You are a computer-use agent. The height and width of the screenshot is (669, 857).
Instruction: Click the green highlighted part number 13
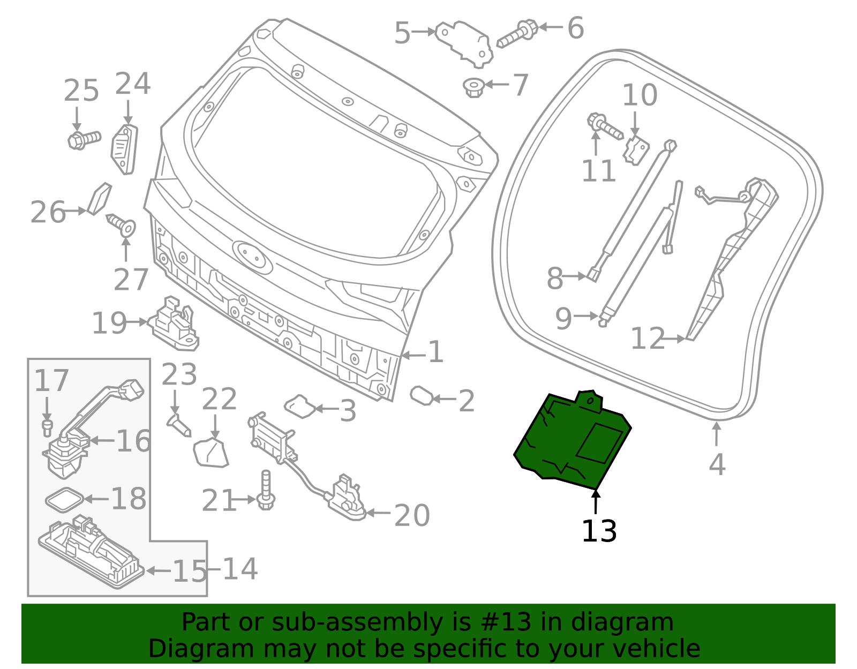click(x=572, y=441)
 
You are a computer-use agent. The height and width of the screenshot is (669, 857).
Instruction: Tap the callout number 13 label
click(x=599, y=531)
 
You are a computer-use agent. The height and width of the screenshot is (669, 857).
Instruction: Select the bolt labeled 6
click(x=517, y=33)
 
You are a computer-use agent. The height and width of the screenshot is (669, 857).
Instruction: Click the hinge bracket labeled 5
click(x=464, y=44)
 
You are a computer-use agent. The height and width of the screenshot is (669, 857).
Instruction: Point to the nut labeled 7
click(x=473, y=87)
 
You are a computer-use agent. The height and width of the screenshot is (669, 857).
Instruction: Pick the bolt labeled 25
click(x=84, y=140)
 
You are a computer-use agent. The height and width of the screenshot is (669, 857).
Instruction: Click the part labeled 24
click(x=124, y=149)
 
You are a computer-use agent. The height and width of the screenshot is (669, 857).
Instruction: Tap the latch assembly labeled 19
click(x=174, y=324)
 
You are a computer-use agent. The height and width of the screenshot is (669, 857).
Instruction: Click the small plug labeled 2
click(x=422, y=395)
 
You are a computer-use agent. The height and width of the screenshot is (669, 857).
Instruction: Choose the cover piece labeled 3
click(x=300, y=406)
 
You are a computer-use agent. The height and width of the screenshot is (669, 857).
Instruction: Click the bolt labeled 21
click(x=266, y=490)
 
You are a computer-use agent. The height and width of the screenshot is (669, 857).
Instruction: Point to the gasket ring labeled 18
click(x=64, y=500)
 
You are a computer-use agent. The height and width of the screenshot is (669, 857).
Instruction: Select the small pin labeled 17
click(x=47, y=428)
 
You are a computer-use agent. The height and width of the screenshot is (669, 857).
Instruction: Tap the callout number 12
click(x=648, y=338)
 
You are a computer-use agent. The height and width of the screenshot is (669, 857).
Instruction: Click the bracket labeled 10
click(x=636, y=151)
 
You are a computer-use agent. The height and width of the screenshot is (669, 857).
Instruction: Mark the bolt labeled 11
click(x=604, y=126)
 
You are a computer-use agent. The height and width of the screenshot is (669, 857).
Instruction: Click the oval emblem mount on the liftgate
click(x=252, y=257)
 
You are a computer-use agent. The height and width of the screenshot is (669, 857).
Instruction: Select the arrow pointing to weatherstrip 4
click(x=717, y=434)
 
